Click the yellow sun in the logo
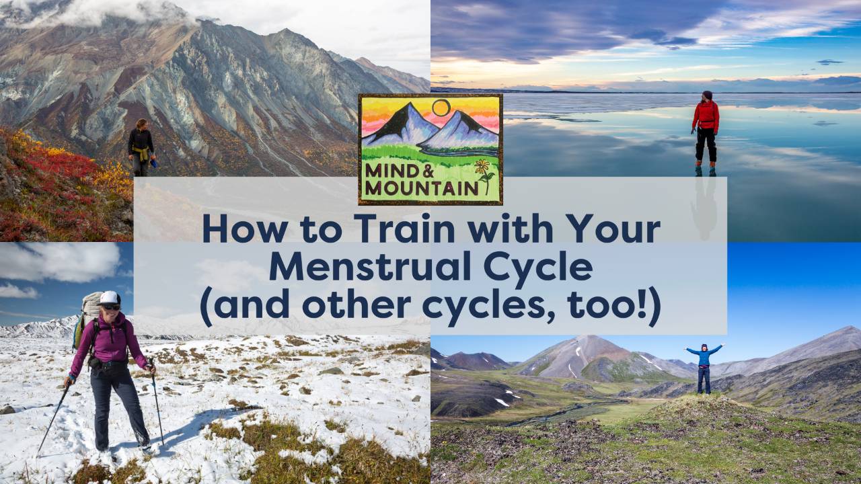[x=441, y=108]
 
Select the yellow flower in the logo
[x=482, y=166]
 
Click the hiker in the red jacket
[x=705, y=128]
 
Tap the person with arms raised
[x=703, y=366]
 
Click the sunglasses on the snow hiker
[x=111, y=307]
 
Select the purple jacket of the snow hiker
[x=111, y=339]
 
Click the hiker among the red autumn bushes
[x=141, y=147]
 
